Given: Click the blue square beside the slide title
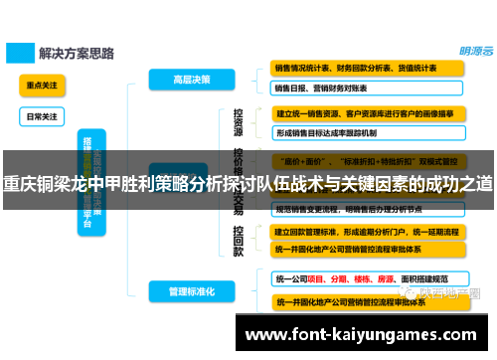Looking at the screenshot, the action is click(19, 50).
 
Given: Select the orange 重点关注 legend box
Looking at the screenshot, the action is click(41, 87).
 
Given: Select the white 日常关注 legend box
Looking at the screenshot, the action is click(41, 116).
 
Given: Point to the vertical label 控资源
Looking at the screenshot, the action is click(239, 122).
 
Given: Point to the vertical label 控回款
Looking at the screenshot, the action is click(239, 241).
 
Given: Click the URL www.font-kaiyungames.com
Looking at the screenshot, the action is click(361, 335).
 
